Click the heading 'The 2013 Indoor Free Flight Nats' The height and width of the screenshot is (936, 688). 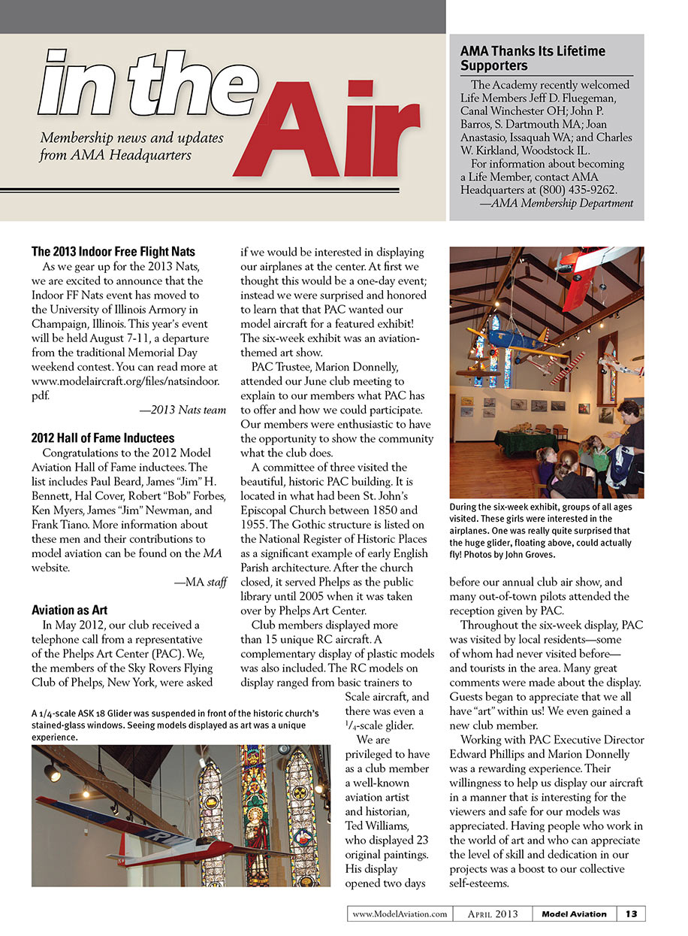point(113,251)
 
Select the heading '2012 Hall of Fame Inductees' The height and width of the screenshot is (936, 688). point(103,438)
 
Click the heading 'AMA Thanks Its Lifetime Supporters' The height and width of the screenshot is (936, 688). point(532,59)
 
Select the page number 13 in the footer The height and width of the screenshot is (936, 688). point(631,913)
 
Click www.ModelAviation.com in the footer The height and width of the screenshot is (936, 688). point(400,914)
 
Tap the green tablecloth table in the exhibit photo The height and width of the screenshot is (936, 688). point(526,442)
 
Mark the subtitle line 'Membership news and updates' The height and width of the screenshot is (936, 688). point(131,138)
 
